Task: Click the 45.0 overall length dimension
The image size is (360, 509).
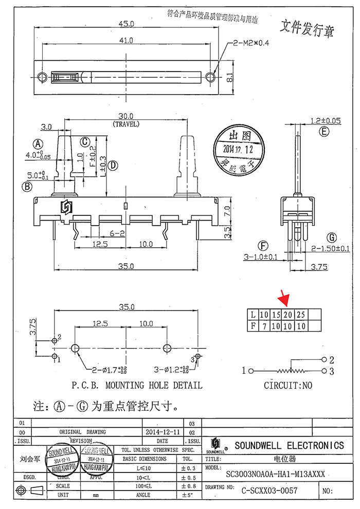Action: tap(127, 24)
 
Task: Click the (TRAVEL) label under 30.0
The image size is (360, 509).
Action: tap(126, 124)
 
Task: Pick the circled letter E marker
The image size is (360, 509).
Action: tap(323, 132)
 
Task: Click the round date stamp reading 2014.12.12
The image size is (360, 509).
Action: tap(238, 149)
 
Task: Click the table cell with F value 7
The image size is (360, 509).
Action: tap(264, 325)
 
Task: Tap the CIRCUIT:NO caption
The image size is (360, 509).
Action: tap(287, 385)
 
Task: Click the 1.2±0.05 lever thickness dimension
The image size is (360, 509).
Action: tap(326, 121)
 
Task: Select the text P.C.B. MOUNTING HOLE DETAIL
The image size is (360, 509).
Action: tap(136, 385)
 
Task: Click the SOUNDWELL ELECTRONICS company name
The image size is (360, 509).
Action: tap(289, 445)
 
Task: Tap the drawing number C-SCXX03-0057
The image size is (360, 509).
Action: tap(269, 491)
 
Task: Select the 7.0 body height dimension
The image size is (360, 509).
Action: tap(232, 209)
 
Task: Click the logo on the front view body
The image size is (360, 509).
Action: tap(66, 208)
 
